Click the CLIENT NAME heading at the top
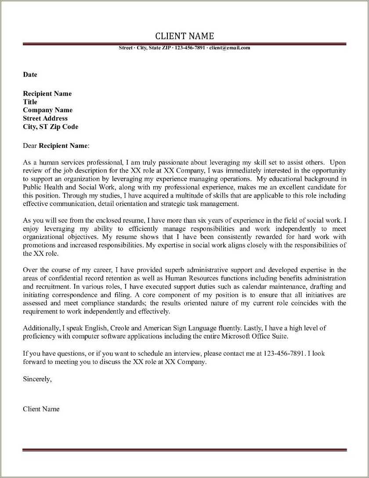coord(184,36)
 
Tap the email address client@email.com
coord(229,48)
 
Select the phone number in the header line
coord(190,48)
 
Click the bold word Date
coord(30,74)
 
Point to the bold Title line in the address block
coord(30,102)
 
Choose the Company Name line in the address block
coord(47,110)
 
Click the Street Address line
coord(45,118)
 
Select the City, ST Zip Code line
coord(51,127)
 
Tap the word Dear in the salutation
coord(30,145)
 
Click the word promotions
coord(39,245)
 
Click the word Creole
coord(120,328)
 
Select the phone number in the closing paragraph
coord(284,353)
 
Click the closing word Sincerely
coord(37,379)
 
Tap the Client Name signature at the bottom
coord(41,409)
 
